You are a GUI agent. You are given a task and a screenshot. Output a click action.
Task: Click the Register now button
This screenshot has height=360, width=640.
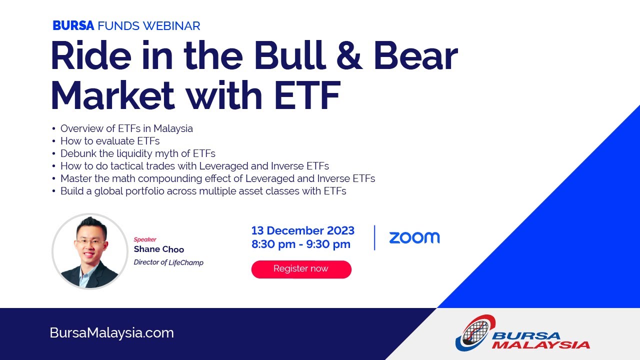(301, 269)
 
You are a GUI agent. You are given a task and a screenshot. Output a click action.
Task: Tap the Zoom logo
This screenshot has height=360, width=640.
(414, 238)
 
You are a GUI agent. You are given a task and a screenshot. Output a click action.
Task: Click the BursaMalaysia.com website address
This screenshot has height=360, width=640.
(112, 333)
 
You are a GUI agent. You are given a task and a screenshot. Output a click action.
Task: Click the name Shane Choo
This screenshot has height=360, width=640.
(158, 249)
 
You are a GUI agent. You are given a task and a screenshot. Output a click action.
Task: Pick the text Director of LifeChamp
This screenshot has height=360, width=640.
(168, 262)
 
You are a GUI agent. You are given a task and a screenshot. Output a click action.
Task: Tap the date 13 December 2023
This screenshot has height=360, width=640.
(302, 230)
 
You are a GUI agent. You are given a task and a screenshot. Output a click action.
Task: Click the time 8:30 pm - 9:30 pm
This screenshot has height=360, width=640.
(300, 244)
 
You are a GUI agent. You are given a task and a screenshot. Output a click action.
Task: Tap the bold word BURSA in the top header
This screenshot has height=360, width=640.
(73, 26)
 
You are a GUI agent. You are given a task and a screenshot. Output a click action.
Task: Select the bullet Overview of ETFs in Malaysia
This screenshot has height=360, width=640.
(126, 128)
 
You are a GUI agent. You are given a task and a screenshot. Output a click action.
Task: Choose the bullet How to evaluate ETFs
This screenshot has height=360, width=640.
(109, 141)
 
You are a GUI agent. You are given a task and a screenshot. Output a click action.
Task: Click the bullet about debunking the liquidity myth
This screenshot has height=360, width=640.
(137, 153)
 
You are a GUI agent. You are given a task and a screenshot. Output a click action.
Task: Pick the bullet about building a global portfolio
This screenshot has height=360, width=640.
(203, 191)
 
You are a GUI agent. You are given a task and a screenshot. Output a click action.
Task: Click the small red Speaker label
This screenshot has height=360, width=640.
(145, 239)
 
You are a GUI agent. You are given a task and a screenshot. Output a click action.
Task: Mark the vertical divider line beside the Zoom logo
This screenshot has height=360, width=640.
(374, 237)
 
